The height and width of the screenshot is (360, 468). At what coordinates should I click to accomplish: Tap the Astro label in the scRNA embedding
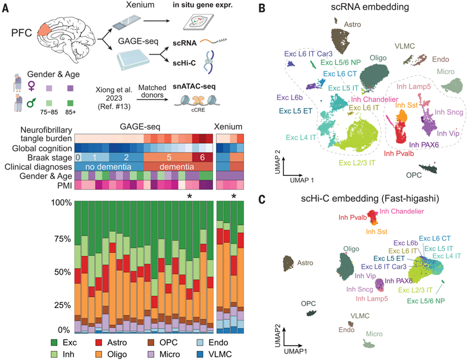click(x=353, y=24)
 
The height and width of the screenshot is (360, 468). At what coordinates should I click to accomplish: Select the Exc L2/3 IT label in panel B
click(x=357, y=163)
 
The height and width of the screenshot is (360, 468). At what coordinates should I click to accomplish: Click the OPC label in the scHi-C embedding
click(x=308, y=304)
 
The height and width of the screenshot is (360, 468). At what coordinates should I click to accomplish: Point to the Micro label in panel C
click(x=374, y=334)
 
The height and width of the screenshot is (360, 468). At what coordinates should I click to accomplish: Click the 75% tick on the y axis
click(x=63, y=239)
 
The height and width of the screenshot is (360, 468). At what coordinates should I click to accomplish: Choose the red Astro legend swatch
click(x=99, y=342)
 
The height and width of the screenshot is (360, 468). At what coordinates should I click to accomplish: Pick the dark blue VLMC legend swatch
click(x=200, y=355)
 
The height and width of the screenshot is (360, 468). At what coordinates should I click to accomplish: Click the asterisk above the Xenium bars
click(x=234, y=196)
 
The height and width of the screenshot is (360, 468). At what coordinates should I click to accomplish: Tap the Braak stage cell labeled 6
click(x=202, y=157)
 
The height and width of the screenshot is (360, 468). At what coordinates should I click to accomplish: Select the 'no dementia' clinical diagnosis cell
click(x=109, y=166)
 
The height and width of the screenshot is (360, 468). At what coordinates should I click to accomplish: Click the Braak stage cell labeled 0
click(x=78, y=157)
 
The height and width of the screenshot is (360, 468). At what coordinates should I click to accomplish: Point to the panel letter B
click(x=262, y=8)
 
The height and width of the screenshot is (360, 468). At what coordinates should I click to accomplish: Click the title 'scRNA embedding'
click(x=370, y=7)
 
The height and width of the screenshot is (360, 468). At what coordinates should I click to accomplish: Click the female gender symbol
click(x=31, y=86)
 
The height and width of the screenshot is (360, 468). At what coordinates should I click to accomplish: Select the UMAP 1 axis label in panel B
click(x=302, y=180)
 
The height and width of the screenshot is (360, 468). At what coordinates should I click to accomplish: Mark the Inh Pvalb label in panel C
click(x=353, y=217)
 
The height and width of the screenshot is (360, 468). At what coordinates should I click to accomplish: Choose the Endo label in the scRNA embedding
click(x=440, y=59)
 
